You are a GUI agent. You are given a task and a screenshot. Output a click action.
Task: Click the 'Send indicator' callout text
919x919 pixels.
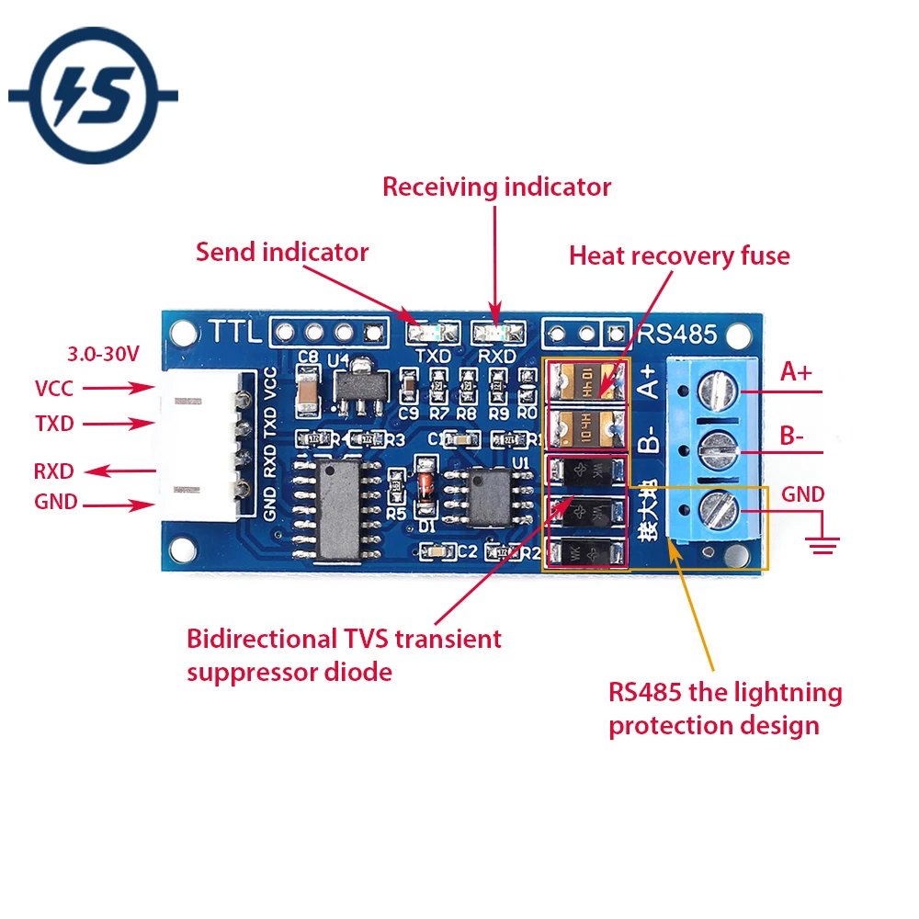(x=281, y=252)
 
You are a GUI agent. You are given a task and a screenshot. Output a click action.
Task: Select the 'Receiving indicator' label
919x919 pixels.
(x=496, y=187)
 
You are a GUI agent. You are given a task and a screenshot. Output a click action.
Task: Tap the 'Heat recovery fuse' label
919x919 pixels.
(x=679, y=255)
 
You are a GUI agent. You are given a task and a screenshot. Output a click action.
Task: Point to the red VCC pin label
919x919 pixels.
(x=54, y=389)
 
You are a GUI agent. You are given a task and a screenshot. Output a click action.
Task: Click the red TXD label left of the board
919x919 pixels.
(x=54, y=424)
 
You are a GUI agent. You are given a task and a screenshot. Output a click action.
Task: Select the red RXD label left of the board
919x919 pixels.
(x=54, y=471)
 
